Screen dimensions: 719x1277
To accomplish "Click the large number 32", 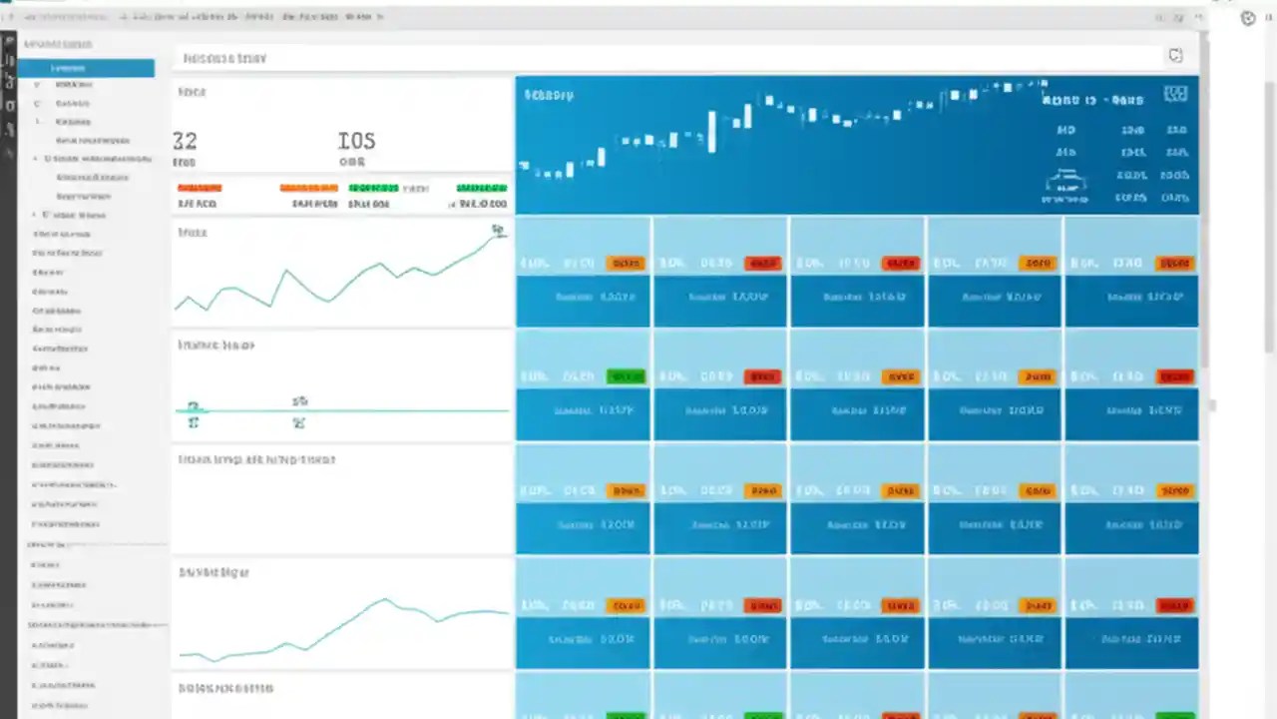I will [x=185, y=141].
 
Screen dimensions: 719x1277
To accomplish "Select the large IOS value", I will [x=356, y=141].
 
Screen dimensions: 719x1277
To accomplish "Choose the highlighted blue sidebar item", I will [x=87, y=68].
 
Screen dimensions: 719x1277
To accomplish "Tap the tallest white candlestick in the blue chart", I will [x=712, y=131].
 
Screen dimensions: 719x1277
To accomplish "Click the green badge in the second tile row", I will [x=626, y=376].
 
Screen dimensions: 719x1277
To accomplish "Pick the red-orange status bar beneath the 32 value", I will [x=200, y=188].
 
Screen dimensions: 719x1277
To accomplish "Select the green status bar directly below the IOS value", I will [x=373, y=188].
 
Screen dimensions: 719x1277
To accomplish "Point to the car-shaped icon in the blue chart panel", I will [x=1065, y=182].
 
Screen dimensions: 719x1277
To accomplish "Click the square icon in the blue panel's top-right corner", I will [x=1176, y=95].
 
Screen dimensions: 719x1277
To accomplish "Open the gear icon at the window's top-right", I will [x=1248, y=17].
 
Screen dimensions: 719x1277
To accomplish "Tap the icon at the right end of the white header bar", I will [x=1175, y=56].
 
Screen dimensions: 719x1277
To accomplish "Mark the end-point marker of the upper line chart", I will [x=498, y=231].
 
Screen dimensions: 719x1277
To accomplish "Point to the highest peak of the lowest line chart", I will [x=384, y=600].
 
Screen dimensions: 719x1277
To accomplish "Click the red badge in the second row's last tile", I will [x=1174, y=376].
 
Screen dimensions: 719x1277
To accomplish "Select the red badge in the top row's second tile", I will [x=763, y=264].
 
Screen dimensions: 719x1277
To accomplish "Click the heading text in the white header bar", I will [x=225, y=58].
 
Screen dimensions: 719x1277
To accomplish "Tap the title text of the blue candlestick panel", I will [x=549, y=95].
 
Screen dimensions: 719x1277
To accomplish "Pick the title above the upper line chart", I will [x=192, y=232].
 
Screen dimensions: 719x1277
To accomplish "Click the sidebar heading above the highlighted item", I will [x=58, y=44].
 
